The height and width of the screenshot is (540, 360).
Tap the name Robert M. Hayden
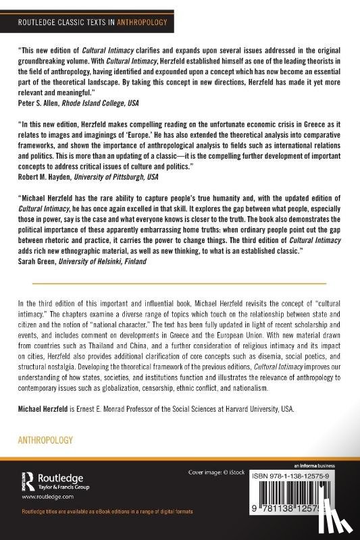coord(46,176)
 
